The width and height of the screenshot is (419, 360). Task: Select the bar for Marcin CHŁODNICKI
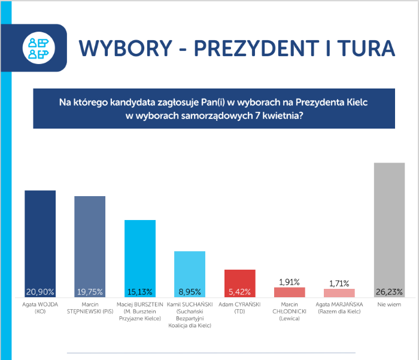tap(289, 292)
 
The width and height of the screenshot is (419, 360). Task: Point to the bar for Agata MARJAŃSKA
tap(339, 293)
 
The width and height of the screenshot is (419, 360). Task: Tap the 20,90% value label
tap(40, 292)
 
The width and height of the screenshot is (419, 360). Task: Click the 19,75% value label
tap(90, 292)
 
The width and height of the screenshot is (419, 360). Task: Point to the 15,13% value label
tap(139, 292)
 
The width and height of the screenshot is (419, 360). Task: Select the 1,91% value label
tap(289, 282)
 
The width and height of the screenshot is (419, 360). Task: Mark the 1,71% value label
tap(339, 283)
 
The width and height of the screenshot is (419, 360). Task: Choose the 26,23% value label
tap(389, 292)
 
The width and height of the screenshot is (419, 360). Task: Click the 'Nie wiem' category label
tap(389, 304)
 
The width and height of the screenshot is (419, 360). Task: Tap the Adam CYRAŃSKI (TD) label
tap(239, 307)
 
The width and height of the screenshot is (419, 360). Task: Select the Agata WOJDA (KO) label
tap(40, 307)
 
